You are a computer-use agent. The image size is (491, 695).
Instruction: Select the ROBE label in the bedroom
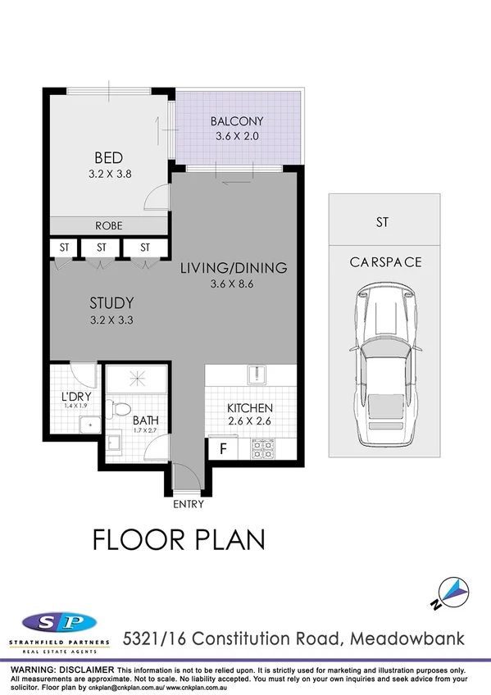coord(108,225)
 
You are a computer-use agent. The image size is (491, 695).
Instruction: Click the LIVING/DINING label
coord(234,267)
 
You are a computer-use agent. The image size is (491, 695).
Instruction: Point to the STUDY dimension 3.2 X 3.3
coord(111,320)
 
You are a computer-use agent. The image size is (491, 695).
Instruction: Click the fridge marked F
coord(220,449)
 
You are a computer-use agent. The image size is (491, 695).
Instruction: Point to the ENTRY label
coord(188,504)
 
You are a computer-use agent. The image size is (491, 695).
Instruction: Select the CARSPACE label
coord(385,262)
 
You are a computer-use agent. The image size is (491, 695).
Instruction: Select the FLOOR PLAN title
coord(179,540)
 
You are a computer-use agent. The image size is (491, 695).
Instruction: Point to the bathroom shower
coord(136,378)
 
